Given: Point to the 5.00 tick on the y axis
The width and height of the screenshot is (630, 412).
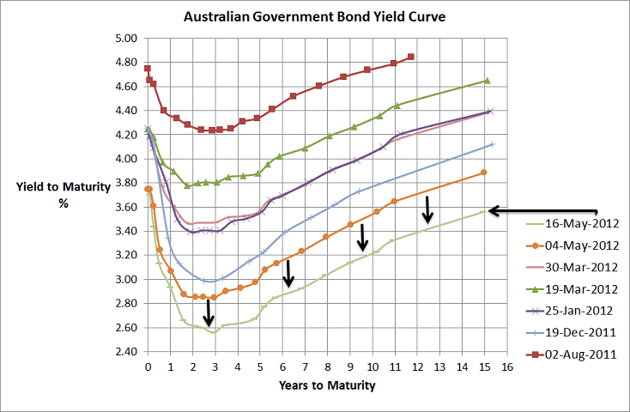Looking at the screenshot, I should point(125,39).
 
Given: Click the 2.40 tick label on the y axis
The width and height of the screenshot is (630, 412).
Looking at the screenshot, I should point(125,352).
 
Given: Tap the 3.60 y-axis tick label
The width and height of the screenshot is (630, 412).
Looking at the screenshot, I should point(125,207).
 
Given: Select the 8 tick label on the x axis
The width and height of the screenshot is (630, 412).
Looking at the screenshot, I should point(328,367).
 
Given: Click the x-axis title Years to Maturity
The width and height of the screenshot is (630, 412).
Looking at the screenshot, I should point(327,385).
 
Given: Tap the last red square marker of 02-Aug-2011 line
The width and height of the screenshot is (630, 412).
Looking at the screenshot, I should point(412,57).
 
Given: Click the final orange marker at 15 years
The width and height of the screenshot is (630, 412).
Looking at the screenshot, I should point(484,173).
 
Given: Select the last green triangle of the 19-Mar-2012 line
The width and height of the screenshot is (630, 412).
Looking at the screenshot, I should point(487,81).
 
